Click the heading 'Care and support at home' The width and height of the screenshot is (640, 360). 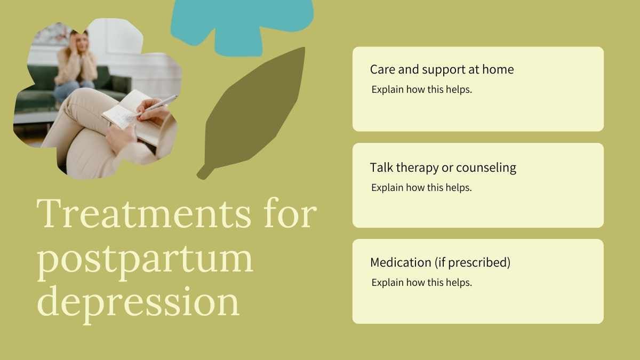point(442,69)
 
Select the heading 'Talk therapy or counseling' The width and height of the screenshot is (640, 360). point(443,167)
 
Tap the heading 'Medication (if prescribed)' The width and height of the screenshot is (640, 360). point(440,262)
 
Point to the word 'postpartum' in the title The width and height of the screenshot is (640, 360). point(145,261)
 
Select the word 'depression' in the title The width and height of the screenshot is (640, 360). point(138,303)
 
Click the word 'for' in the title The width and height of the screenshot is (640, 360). point(290,213)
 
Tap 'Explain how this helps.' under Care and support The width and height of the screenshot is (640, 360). point(421,90)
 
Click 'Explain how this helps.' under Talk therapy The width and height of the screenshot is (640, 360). point(421,188)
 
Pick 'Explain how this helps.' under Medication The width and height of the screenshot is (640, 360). point(421,283)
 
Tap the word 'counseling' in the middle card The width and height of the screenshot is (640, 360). point(486,168)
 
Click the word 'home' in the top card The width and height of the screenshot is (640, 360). point(498,69)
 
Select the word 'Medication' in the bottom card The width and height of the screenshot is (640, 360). point(401,262)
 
